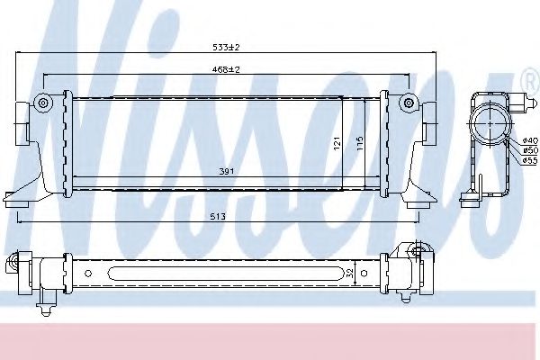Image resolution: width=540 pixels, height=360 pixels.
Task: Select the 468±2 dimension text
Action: click(226, 69)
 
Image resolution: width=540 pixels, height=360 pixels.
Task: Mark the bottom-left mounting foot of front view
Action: click(18, 203)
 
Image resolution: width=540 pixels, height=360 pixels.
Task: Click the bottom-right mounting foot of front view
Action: click(418, 203)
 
